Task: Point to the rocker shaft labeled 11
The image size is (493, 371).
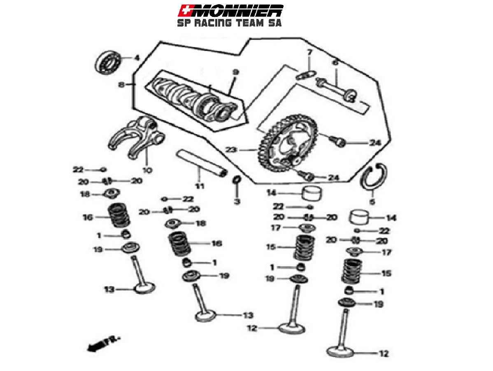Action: click(202, 163)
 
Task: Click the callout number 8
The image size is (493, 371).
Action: click(121, 85)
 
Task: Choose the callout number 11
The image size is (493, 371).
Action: click(200, 186)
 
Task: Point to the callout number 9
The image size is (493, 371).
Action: click(235, 72)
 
